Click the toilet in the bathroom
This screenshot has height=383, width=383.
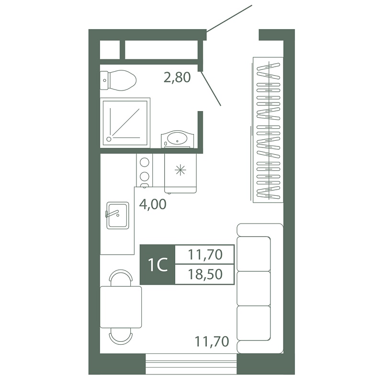tap(118, 80)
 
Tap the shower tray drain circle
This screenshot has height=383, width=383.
tap(109, 139)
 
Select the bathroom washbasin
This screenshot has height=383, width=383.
tap(178, 139)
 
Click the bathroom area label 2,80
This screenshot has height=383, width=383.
tap(177, 78)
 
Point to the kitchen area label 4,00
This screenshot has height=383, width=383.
tap(153, 204)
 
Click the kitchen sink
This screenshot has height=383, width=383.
tap(118, 215)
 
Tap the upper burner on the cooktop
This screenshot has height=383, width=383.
tap(145, 162)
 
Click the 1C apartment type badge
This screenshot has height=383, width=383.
tap(158, 265)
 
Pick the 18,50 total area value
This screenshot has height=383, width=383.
tap(205, 274)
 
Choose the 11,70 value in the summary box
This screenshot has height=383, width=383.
tap(205, 255)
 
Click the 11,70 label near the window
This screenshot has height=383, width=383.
tap(212, 341)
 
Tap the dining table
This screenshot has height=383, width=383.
tap(121, 307)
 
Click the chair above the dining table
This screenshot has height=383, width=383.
tap(121, 278)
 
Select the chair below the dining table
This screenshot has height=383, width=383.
tap(121, 337)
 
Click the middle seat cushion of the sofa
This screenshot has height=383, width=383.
tap(254, 289)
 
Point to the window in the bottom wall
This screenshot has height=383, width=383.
tap(191, 364)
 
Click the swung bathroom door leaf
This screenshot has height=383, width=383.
tap(211, 89)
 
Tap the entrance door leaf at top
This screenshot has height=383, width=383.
tap(229, 19)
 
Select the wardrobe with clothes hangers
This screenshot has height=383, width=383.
tap(268, 130)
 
